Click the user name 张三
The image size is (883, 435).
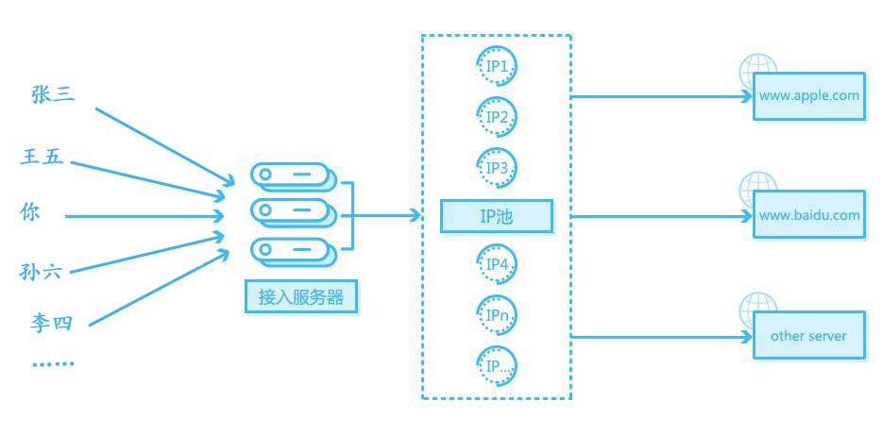pyautogui.click(x=52, y=94)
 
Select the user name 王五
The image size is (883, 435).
pyautogui.click(x=42, y=157)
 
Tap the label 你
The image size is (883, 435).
pyautogui.click(x=30, y=212)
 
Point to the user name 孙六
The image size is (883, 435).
pyautogui.click(x=41, y=273)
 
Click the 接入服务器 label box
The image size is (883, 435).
pyautogui.click(x=300, y=297)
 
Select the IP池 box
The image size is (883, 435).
pyautogui.click(x=497, y=217)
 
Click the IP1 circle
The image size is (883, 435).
pyautogui.click(x=498, y=66)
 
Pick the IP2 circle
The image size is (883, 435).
pyautogui.click(x=498, y=117)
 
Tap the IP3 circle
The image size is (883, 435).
pyautogui.click(x=498, y=167)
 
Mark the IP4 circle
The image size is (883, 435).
pyautogui.click(x=498, y=265)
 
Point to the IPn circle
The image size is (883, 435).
pyautogui.click(x=498, y=315)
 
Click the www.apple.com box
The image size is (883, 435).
pyautogui.click(x=808, y=96)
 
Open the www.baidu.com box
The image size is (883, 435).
pyautogui.click(x=808, y=215)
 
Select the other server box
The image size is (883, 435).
pyautogui.click(x=808, y=336)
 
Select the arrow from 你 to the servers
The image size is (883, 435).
pyautogui.click(x=142, y=215)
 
